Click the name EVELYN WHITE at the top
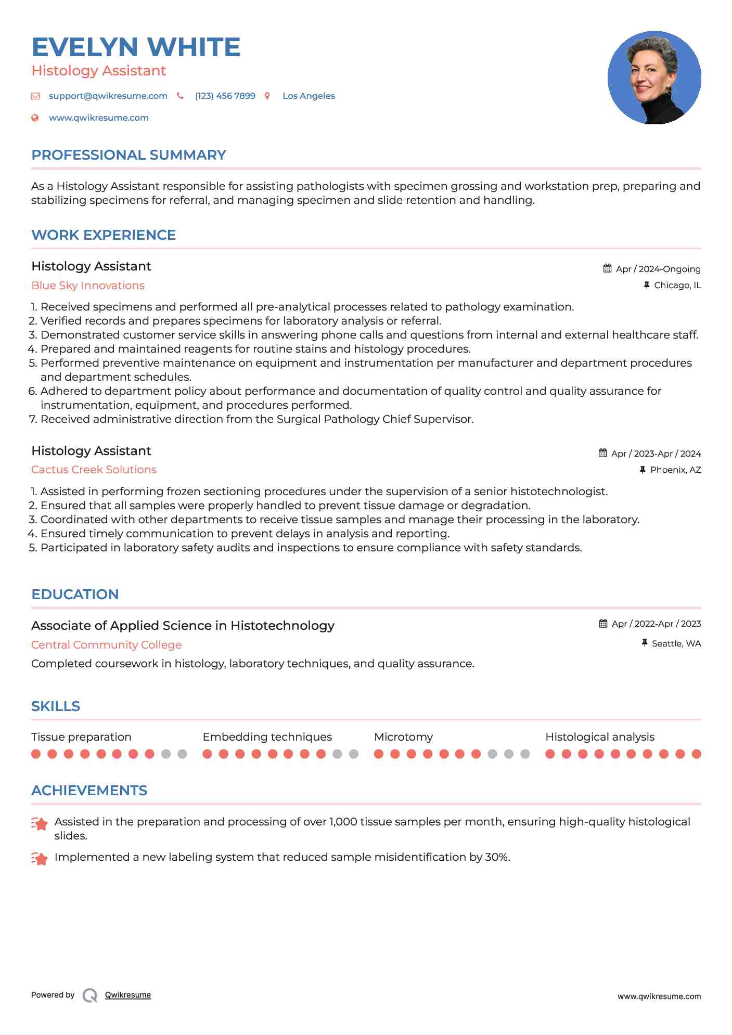click(x=136, y=47)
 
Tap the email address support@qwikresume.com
click(x=108, y=96)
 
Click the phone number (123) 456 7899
click(x=225, y=96)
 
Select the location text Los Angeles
click(x=309, y=96)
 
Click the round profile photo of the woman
click(x=654, y=78)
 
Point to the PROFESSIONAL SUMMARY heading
click(x=129, y=155)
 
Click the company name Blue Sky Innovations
click(x=88, y=286)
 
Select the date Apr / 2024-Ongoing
click(x=658, y=269)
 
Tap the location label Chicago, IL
click(x=677, y=285)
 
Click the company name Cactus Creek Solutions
click(x=94, y=470)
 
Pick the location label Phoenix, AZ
click(x=675, y=470)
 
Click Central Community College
click(x=106, y=645)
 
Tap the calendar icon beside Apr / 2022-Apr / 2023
click(x=603, y=623)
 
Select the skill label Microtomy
click(x=403, y=737)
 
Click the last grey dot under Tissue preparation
click(x=182, y=754)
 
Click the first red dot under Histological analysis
click(x=550, y=754)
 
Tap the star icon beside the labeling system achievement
click(x=40, y=858)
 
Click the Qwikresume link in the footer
click(x=128, y=995)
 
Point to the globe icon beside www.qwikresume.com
click(x=35, y=118)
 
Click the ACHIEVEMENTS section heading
click(x=89, y=791)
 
